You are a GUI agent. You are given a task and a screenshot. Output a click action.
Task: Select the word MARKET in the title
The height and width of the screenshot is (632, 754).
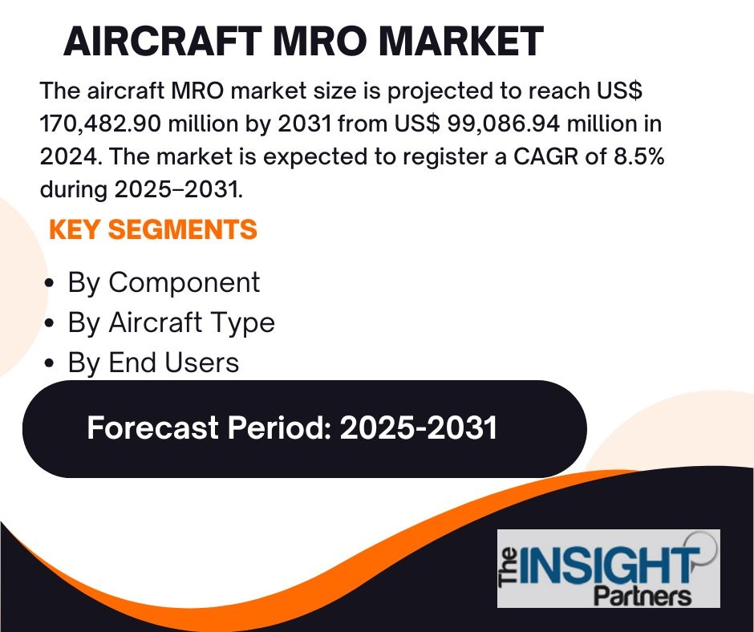coord(460,42)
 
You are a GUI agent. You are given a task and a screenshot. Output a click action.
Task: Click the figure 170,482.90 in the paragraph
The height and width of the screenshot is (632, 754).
coord(100,124)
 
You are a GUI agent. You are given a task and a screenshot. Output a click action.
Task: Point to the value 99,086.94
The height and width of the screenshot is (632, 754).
coord(504,124)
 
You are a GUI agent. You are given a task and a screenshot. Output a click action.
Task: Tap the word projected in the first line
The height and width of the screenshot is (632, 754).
coord(440,91)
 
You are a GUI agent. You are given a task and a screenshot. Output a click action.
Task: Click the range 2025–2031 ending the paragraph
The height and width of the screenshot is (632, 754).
coord(178,189)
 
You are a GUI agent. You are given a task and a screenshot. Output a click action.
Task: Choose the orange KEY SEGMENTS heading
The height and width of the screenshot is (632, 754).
coord(153,229)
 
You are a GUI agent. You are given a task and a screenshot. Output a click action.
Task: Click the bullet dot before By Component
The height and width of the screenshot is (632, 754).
coord(49,284)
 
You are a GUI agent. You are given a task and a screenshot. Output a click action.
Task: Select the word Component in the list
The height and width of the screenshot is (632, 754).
coord(184,283)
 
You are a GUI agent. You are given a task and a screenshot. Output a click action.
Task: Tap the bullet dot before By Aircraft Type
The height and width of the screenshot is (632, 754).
coord(49,323)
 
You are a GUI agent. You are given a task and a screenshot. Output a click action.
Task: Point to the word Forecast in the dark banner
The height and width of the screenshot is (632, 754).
coord(153,427)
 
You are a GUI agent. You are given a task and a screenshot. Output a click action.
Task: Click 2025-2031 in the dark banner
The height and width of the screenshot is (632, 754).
coord(419,427)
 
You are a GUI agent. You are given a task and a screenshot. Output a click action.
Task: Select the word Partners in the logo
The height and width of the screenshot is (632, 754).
coord(643,596)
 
